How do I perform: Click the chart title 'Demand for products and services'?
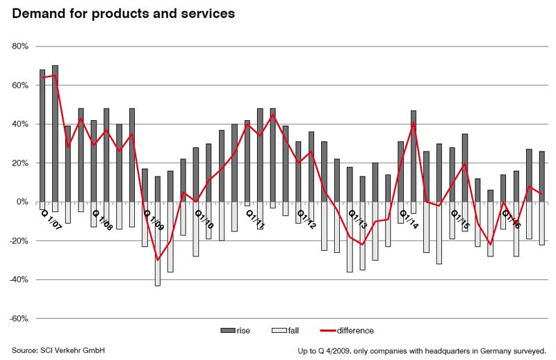coord(123,13)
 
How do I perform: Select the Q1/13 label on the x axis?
coord(357,220)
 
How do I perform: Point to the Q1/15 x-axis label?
coord(459,220)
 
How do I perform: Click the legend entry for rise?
coord(237,331)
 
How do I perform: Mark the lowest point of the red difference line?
coord(158,260)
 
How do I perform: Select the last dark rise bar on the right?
coord(541,177)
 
